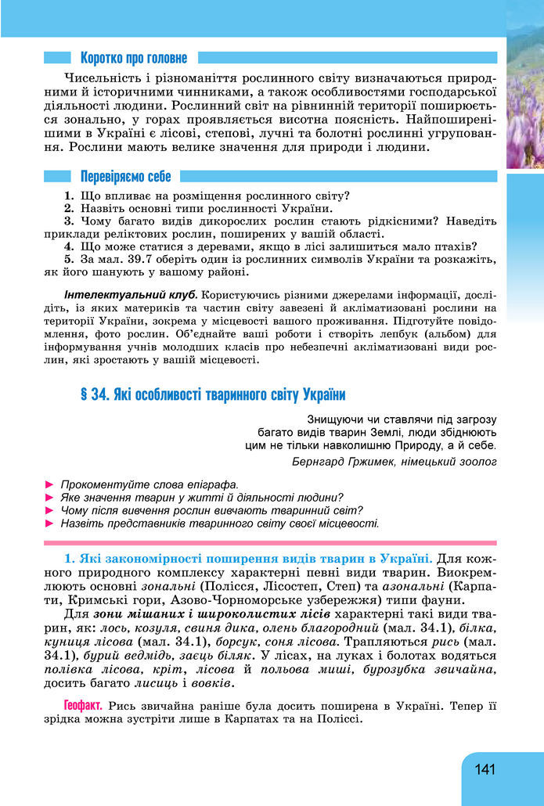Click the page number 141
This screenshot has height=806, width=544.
pos(485,769)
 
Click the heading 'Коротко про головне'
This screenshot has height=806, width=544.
pos(133,58)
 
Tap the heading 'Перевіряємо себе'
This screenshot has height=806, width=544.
pos(125,177)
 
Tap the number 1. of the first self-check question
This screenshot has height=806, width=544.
pos(69,195)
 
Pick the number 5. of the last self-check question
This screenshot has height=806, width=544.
pos(69,259)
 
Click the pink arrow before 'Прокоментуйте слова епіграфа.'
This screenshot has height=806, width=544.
pos(50,484)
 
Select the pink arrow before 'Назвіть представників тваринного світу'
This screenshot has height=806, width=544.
pos(50,523)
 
